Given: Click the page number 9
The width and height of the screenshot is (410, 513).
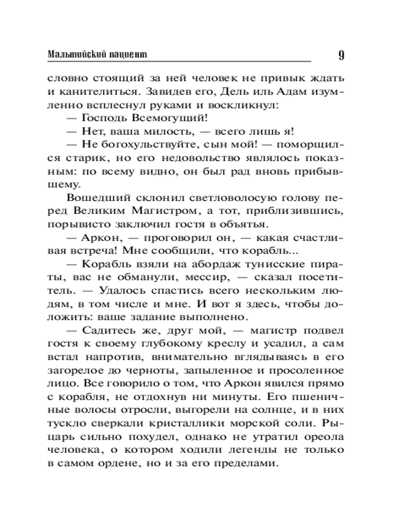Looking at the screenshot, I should [x=341, y=55].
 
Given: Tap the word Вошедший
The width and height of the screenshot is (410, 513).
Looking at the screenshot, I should [x=93, y=198].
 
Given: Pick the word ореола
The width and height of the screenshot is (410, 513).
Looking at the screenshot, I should [x=323, y=438].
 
